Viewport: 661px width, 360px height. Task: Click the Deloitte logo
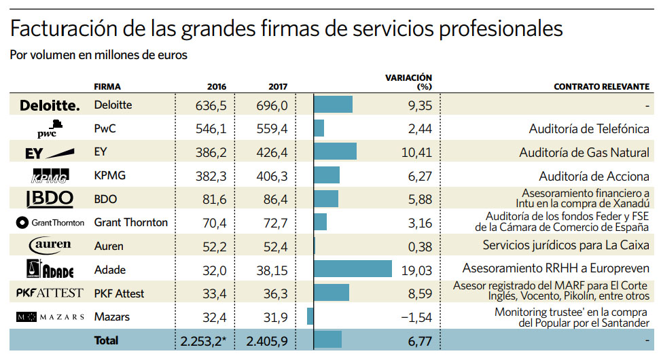(50, 105)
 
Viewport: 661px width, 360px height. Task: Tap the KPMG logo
(50, 177)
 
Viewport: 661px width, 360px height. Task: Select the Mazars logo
(50, 317)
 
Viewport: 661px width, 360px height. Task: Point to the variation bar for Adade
(353, 269)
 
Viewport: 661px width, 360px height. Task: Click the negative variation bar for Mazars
(310, 317)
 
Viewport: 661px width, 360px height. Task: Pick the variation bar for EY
(336, 152)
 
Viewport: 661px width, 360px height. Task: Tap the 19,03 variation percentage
(416, 270)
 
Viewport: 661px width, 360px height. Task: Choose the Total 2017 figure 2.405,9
(267, 341)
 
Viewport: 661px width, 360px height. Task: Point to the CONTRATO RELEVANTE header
(601, 87)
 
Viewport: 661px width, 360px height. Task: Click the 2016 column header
(216, 87)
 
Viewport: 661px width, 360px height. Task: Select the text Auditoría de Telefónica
(589, 128)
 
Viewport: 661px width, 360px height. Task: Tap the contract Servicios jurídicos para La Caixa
(566, 245)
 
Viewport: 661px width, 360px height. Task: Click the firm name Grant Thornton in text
(130, 222)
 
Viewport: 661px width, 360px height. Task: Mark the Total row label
(106, 340)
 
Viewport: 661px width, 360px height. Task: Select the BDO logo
(50, 199)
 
